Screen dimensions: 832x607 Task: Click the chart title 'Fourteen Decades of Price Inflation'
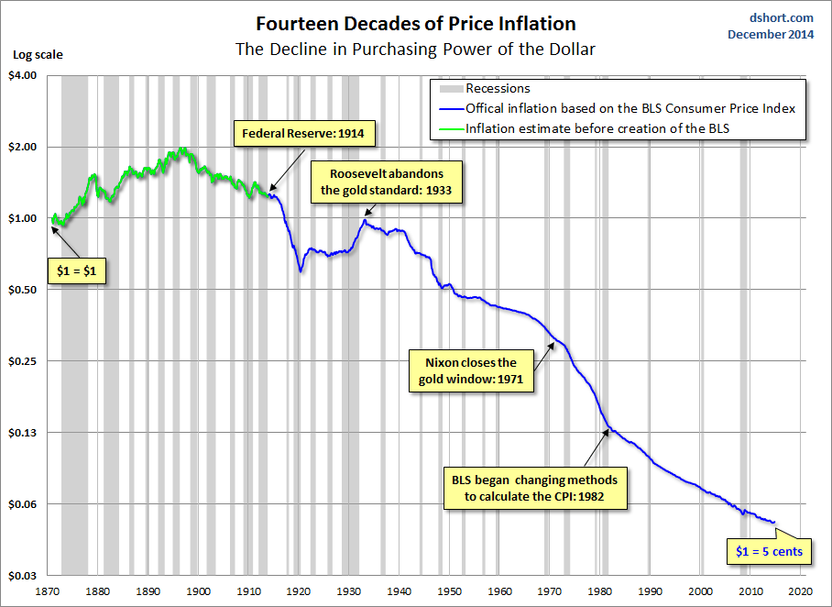tap(416, 24)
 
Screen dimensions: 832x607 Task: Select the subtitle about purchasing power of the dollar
tap(415, 49)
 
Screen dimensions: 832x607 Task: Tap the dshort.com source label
tap(781, 18)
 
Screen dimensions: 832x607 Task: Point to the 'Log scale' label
tap(38, 55)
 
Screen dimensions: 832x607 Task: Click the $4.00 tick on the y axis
tap(23, 75)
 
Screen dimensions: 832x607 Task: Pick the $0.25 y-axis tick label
tap(23, 361)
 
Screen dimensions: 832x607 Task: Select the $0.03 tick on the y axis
tap(23, 576)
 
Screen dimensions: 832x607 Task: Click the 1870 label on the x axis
tap(48, 591)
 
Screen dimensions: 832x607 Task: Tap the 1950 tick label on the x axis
tap(449, 591)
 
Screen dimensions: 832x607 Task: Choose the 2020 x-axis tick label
tap(801, 591)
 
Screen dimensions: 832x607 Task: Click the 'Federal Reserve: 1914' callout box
tap(304, 133)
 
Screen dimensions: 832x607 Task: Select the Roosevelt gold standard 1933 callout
tap(387, 182)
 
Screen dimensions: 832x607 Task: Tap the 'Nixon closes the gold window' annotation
tap(471, 370)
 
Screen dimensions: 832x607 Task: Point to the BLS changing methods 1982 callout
tap(535, 488)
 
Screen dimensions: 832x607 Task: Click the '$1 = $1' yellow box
tap(77, 270)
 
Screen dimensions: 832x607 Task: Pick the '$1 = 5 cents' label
tap(769, 551)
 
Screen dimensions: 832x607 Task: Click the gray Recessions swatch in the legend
tap(451, 89)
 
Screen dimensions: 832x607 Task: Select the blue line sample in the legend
tap(452, 109)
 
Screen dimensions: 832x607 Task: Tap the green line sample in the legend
tap(452, 129)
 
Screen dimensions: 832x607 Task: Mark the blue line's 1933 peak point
tap(365, 220)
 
